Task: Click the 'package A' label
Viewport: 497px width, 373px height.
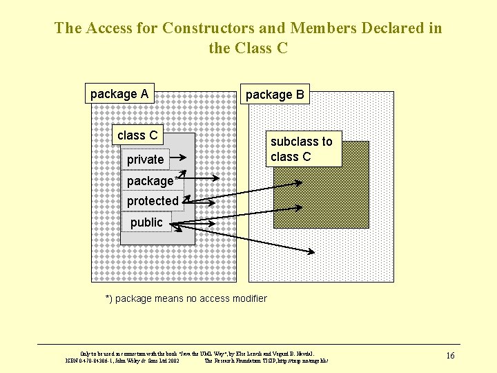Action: coord(119,94)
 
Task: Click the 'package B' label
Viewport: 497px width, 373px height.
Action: coord(275,95)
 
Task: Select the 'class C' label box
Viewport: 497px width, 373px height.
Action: coord(137,135)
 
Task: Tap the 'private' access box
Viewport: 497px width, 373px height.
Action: coord(145,160)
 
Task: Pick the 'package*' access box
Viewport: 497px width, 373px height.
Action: coord(152,181)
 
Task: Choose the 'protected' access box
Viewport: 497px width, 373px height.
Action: coord(153,201)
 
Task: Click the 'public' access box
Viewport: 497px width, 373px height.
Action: coord(147,222)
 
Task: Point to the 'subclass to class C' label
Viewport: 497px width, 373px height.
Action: coord(302,149)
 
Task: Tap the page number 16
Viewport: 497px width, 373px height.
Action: coord(450,356)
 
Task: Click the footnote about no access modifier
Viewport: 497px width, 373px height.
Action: coord(186,298)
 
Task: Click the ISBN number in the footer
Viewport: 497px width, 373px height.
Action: coord(90,360)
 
